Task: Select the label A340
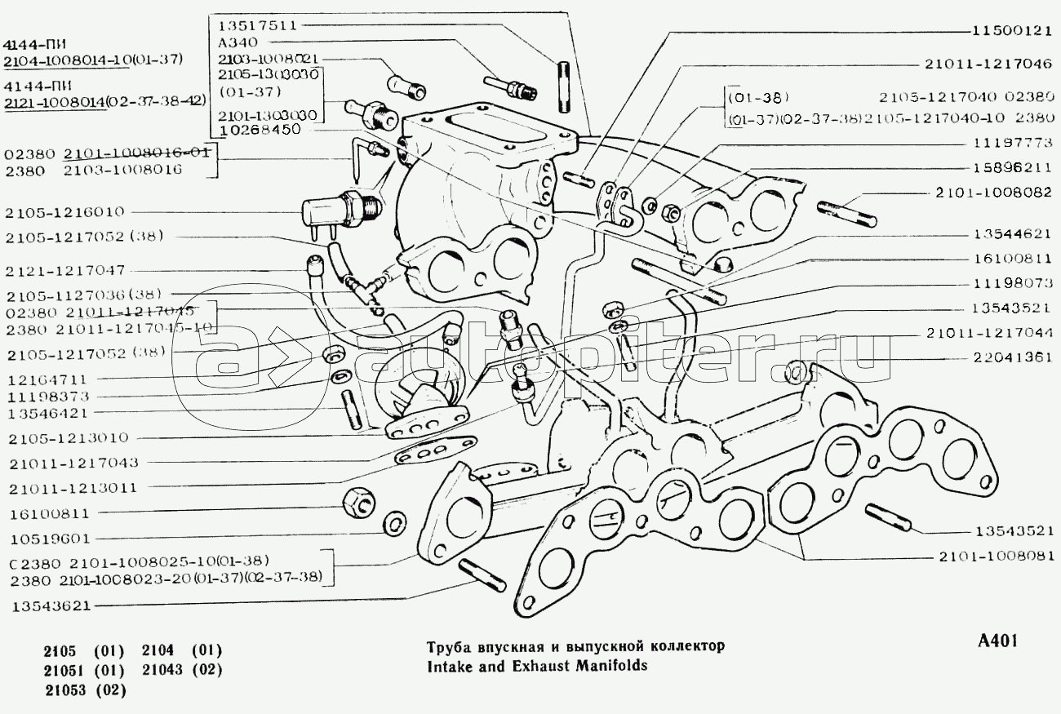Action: (235, 42)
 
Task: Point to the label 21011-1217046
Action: (988, 63)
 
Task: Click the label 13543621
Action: (51, 605)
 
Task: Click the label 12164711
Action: (46, 380)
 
